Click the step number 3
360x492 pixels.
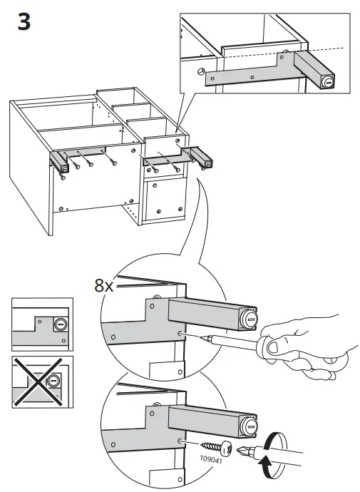click(x=23, y=22)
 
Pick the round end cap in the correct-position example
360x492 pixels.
click(x=59, y=325)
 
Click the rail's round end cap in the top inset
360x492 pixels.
click(x=327, y=83)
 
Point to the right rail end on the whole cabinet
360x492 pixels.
click(x=207, y=163)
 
